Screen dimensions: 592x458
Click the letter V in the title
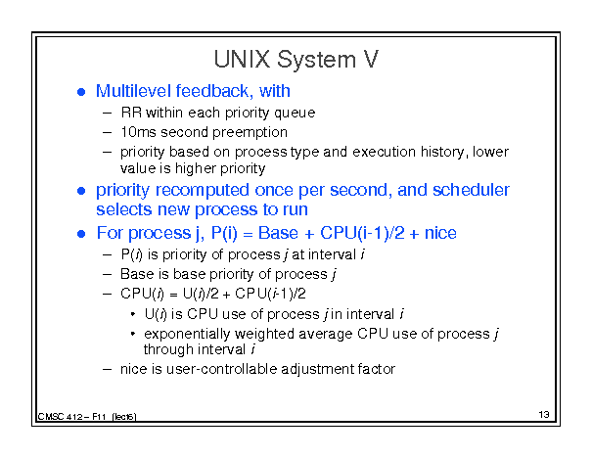pyautogui.click(x=370, y=60)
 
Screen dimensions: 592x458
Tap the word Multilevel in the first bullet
pyautogui.click(x=133, y=91)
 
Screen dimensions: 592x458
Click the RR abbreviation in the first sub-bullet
pyautogui.click(x=131, y=113)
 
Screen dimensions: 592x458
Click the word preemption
pyautogui.click(x=250, y=132)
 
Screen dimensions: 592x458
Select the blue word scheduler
pyautogui.click(x=471, y=190)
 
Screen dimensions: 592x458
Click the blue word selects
pyautogui.click(x=124, y=209)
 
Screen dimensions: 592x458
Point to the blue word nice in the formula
pyautogui.click(x=440, y=233)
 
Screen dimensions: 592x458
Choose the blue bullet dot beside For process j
pyautogui.click(x=81, y=234)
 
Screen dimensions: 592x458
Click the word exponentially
pyautogui.click(x=187, y=334)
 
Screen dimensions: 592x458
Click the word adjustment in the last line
pyautogui.click(x=317, y=369)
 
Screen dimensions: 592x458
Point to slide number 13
pyautogui.click(x=544, y=415)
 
